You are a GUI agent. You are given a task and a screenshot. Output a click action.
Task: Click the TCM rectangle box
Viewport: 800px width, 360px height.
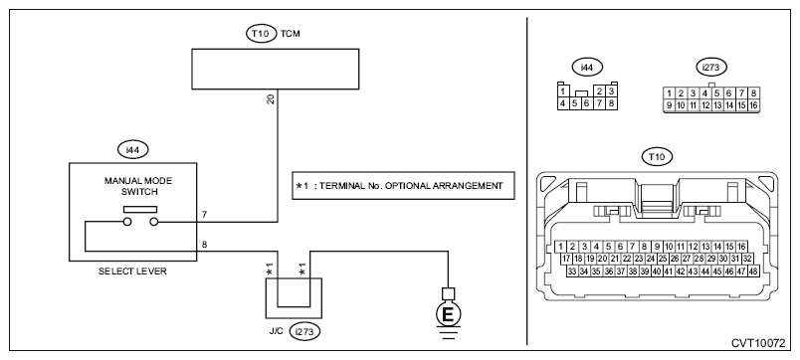[x=276, y=69]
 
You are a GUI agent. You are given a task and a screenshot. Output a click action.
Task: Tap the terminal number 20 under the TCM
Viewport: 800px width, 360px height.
[x=271, y=99]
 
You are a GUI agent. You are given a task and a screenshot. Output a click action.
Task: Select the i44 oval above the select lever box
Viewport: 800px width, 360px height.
[x=132, y=150]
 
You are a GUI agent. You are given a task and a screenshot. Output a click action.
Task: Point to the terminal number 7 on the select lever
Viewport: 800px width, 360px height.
[x=204, y=215]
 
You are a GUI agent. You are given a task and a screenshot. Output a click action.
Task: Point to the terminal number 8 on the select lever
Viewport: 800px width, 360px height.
[x=204, y=245]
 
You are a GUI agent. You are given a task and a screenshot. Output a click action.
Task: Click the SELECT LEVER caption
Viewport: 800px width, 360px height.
[x=132, y=271]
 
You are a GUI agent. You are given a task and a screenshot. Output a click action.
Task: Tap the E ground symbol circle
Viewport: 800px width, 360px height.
[x=448, y=314]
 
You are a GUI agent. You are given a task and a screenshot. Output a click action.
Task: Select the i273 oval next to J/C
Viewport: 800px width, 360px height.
[x=304, y=331]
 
